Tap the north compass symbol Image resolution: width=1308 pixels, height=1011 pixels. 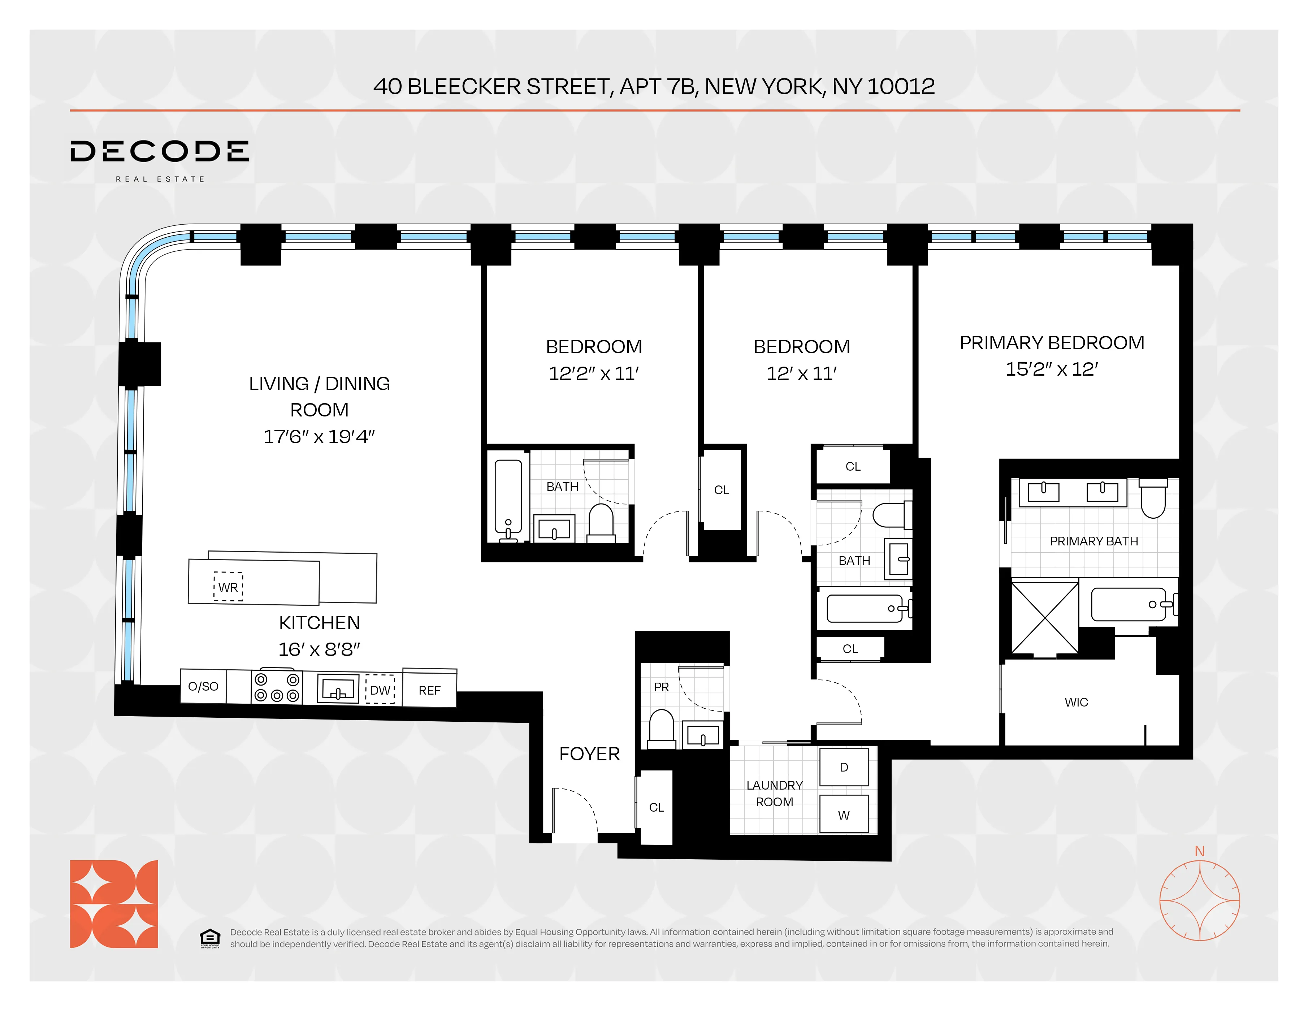coord(1200,900)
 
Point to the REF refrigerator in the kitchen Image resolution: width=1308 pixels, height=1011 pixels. coord(429,690)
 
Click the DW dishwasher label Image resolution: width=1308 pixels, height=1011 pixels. coord(380,690)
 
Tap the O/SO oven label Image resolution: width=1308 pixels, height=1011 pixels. coord(203,686)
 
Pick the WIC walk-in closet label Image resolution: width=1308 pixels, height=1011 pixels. coord(1076,702)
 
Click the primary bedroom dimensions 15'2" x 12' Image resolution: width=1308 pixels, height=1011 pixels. coord(1051,369)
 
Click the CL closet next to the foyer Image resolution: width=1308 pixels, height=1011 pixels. coord(657,807)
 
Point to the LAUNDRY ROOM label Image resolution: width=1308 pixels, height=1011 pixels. coord(774,793)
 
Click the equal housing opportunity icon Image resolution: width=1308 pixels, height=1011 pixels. coord(209,938)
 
